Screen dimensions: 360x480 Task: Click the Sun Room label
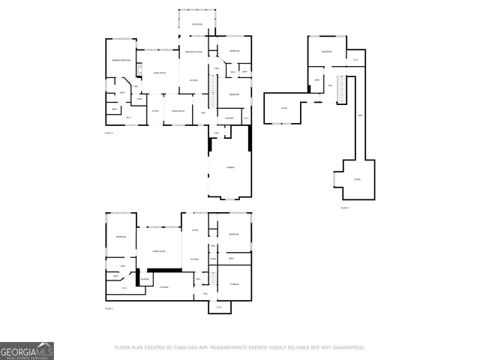pos(196,25)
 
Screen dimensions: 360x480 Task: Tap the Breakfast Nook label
pos(194,52)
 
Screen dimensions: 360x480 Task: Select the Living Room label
pos(159,73)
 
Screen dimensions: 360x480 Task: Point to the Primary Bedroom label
pos(121,59)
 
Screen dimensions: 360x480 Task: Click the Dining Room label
pos(178,111)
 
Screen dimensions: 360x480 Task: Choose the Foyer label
pos(154,111)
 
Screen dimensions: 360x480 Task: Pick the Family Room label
pos(158,251)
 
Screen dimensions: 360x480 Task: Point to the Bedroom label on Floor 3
pos(327,52)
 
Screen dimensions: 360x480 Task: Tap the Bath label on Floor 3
pos(317,79)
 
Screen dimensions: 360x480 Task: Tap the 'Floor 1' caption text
pos(109,308)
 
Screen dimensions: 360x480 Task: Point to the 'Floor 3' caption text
pos(345,207)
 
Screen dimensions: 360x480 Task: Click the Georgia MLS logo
pos(26,350)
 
